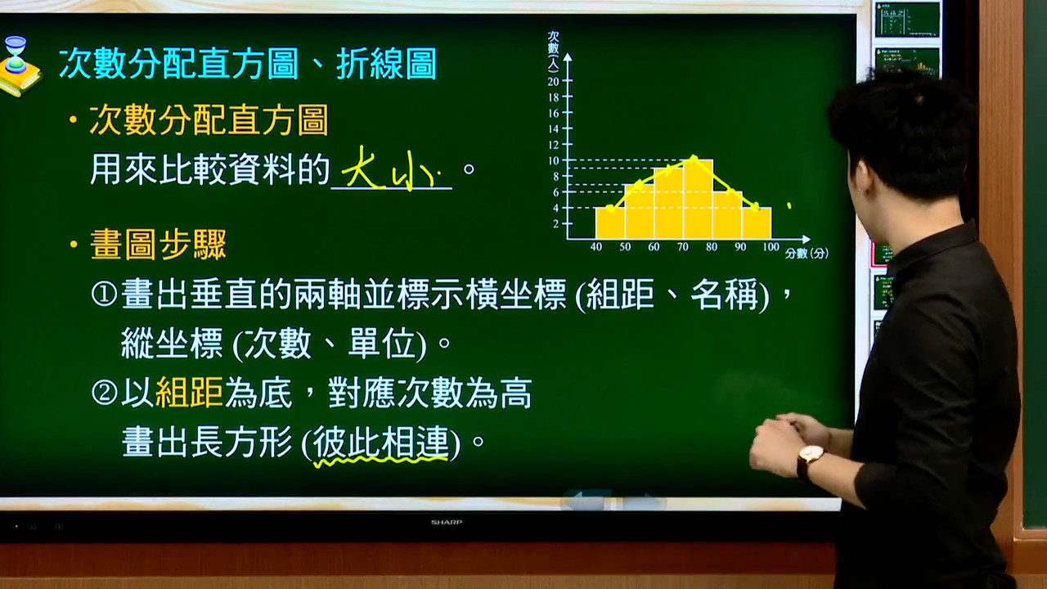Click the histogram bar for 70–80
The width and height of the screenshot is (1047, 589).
pos(699,200)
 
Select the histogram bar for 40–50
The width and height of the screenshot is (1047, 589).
pos(610,223)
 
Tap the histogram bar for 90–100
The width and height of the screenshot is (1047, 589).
pos(757,223)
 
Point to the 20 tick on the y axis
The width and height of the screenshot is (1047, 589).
pos(568,81)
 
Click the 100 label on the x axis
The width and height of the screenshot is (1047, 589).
pos(771,247)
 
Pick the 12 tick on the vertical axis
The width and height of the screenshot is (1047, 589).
pos(568,145)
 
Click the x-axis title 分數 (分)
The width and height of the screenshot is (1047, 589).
pos(807,254)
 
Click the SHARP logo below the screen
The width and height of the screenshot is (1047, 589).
pos(447,522)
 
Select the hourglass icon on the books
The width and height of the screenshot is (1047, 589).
pos(16,55)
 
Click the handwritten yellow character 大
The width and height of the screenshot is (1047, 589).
pos(362,168)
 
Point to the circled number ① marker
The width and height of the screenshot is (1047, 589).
pos(104,294)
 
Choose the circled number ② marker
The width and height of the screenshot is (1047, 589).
pos(104,393)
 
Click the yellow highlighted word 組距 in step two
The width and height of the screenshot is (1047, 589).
pos(189,393)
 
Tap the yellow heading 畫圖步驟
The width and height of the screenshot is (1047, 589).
pos(158,245)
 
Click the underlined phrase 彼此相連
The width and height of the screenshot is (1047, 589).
pos(381,443)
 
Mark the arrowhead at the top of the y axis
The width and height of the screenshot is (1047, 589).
pos(568,57)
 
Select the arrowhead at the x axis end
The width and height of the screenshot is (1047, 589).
pos(806,239)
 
